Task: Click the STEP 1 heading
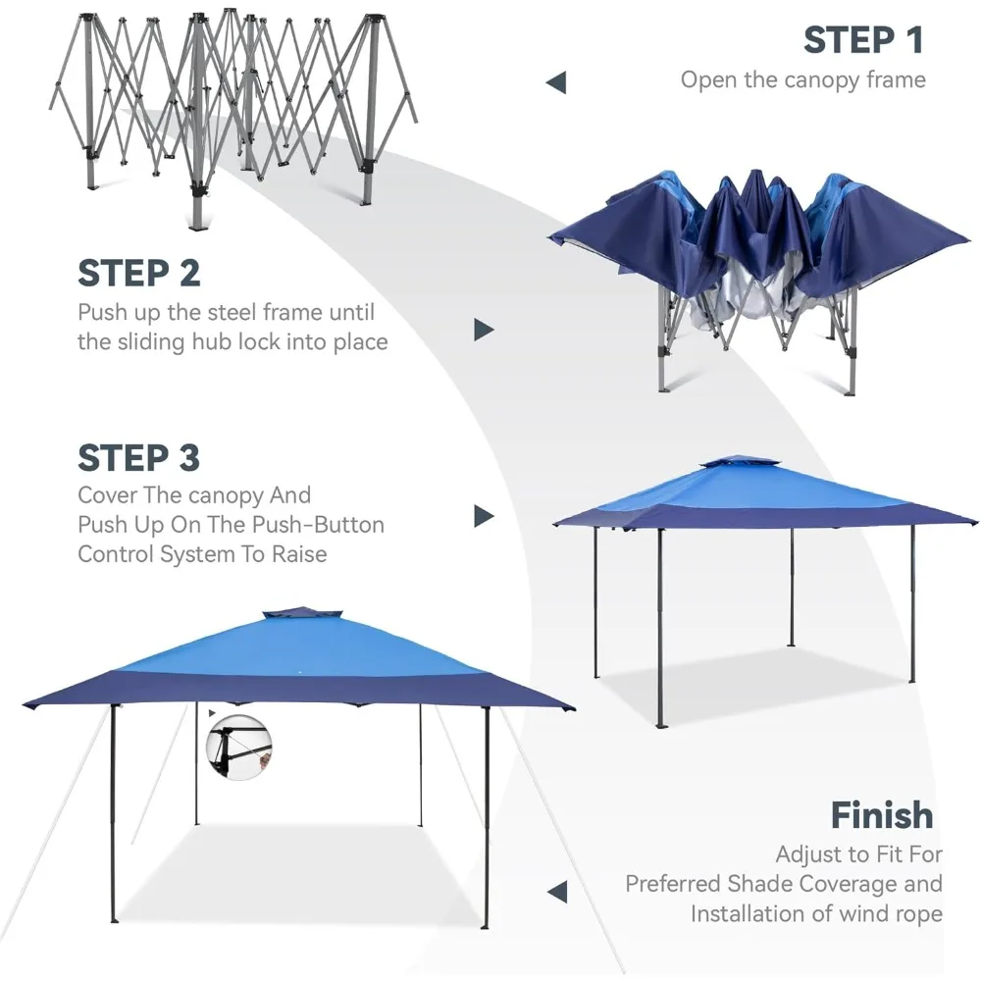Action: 863,40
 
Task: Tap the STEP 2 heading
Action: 139,273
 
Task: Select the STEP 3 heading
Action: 139,457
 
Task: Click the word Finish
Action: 881,814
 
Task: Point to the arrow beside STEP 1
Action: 556,82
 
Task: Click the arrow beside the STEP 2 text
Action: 483,330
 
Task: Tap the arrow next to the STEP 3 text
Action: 483,516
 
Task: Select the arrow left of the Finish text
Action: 557,892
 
